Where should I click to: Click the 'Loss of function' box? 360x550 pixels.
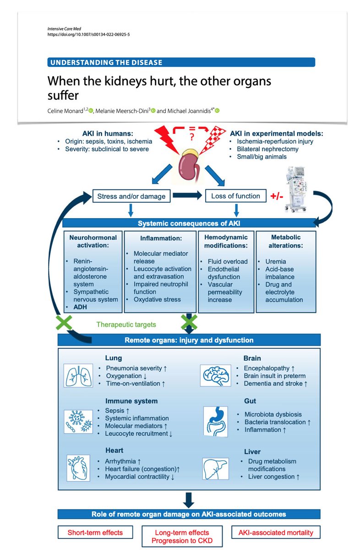(235, 196)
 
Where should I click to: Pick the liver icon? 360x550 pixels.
(215, 467)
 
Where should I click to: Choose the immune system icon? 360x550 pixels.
(76, 421)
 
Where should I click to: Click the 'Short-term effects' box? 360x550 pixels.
(95, 532)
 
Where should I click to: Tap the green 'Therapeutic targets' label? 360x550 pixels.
(126, 324)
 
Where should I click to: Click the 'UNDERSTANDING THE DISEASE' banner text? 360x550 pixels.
(106, 62)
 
